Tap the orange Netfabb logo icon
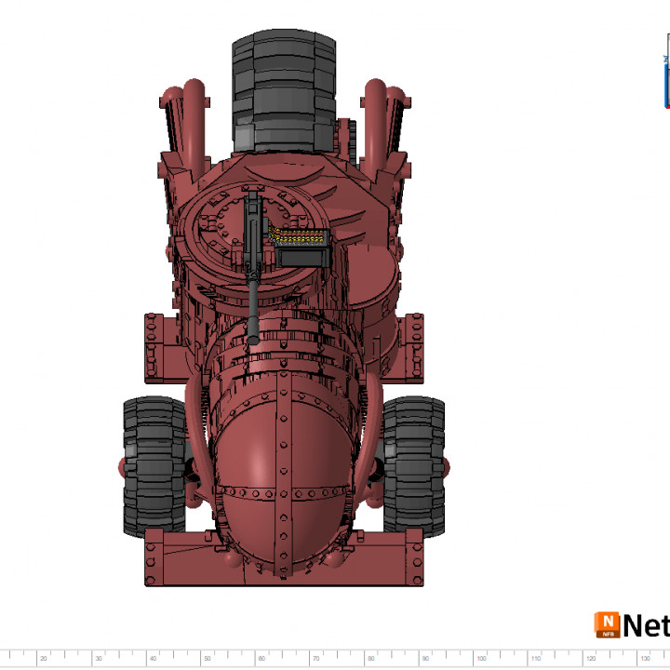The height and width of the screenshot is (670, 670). coord(608,624)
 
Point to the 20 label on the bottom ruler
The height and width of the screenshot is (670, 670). coord(43,659)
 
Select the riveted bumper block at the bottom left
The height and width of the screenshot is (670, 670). coord(177,558)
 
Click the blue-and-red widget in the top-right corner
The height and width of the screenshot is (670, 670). coord(667,79)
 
